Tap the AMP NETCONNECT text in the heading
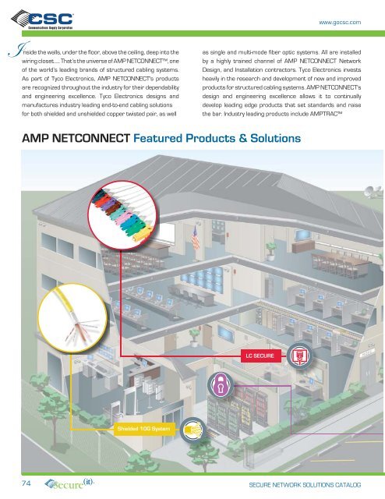74,140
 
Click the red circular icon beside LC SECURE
297,356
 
